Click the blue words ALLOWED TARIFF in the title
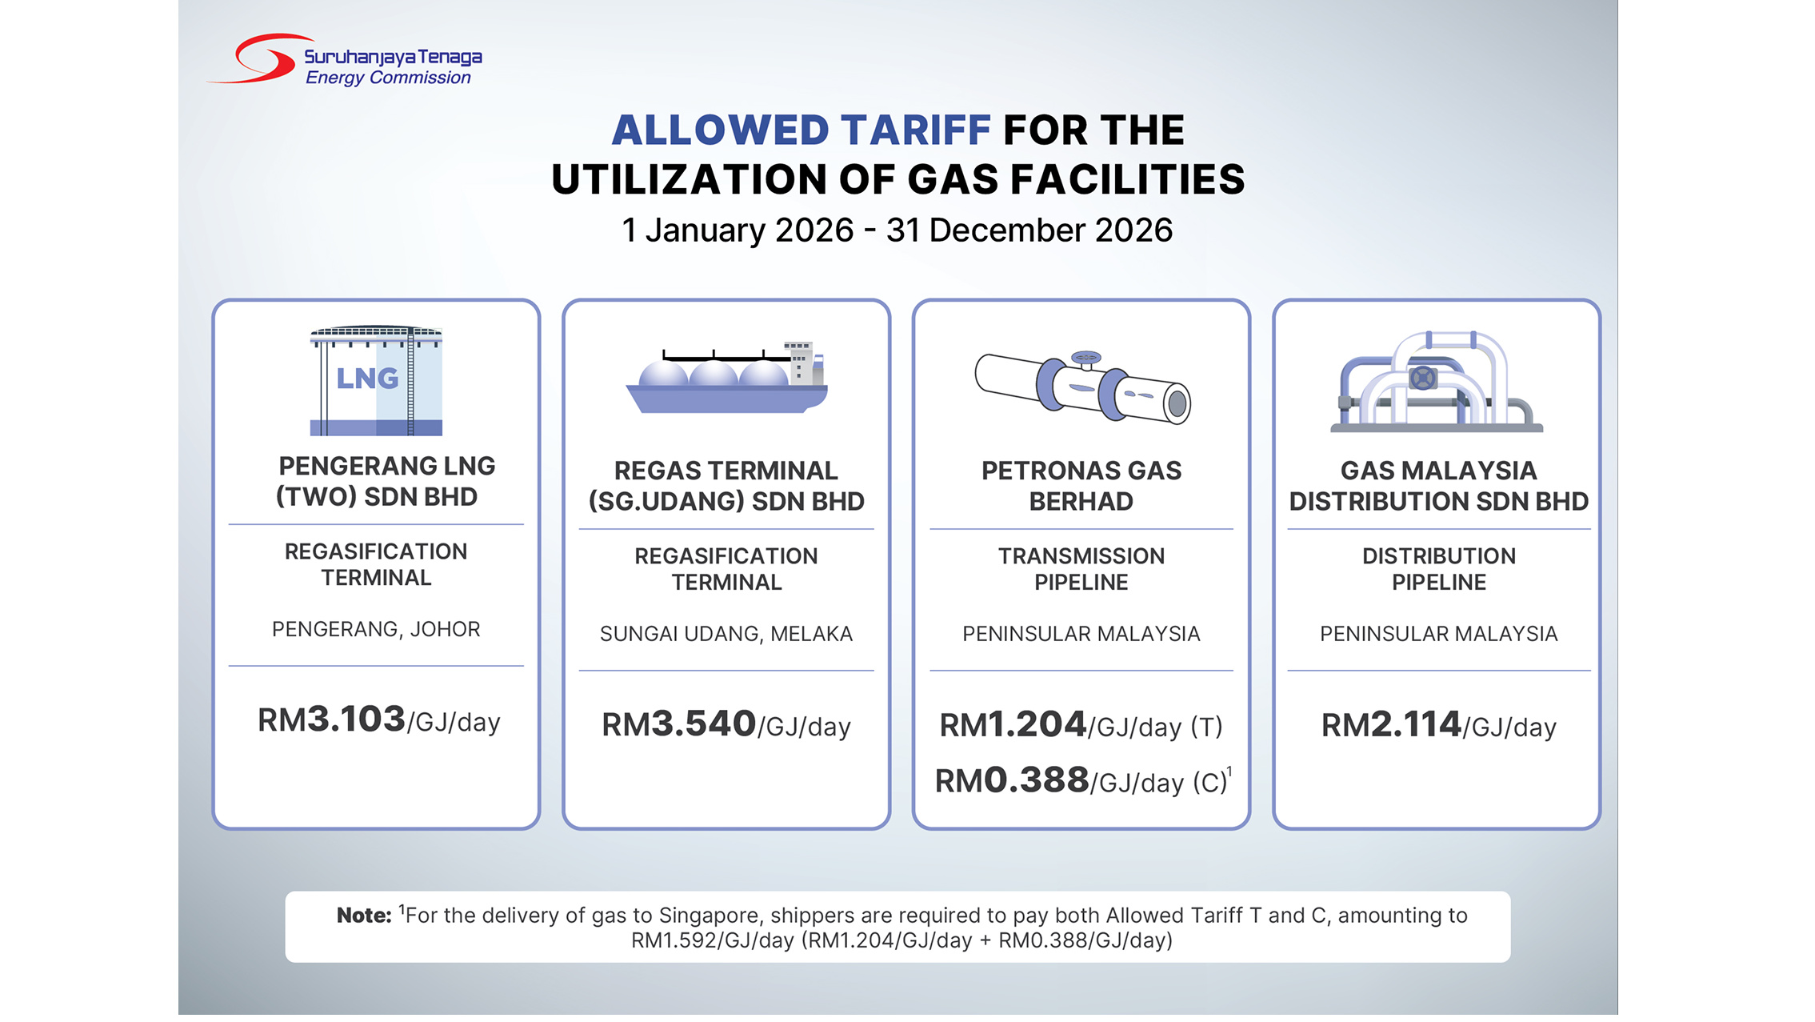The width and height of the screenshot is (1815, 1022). coord(801,130)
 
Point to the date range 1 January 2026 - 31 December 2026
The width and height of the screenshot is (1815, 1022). coord(897,230)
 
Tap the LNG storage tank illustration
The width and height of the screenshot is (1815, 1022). coord(376,380)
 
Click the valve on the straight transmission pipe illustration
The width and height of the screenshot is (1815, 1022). coord(1085,361)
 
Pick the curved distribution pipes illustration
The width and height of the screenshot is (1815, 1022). coord(1437,383)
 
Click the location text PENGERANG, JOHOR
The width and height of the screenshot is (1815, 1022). coord(376,630)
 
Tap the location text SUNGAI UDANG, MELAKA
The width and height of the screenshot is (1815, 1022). coord(726,635)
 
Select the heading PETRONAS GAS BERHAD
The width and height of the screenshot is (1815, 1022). coord(1081,486)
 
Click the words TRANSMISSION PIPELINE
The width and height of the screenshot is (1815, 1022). coord(1081,569)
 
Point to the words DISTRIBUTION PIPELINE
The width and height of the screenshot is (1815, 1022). coord(1438,569)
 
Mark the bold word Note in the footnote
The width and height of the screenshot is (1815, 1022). coord(363,916)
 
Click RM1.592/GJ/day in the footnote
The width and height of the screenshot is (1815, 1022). coord(712,940)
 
